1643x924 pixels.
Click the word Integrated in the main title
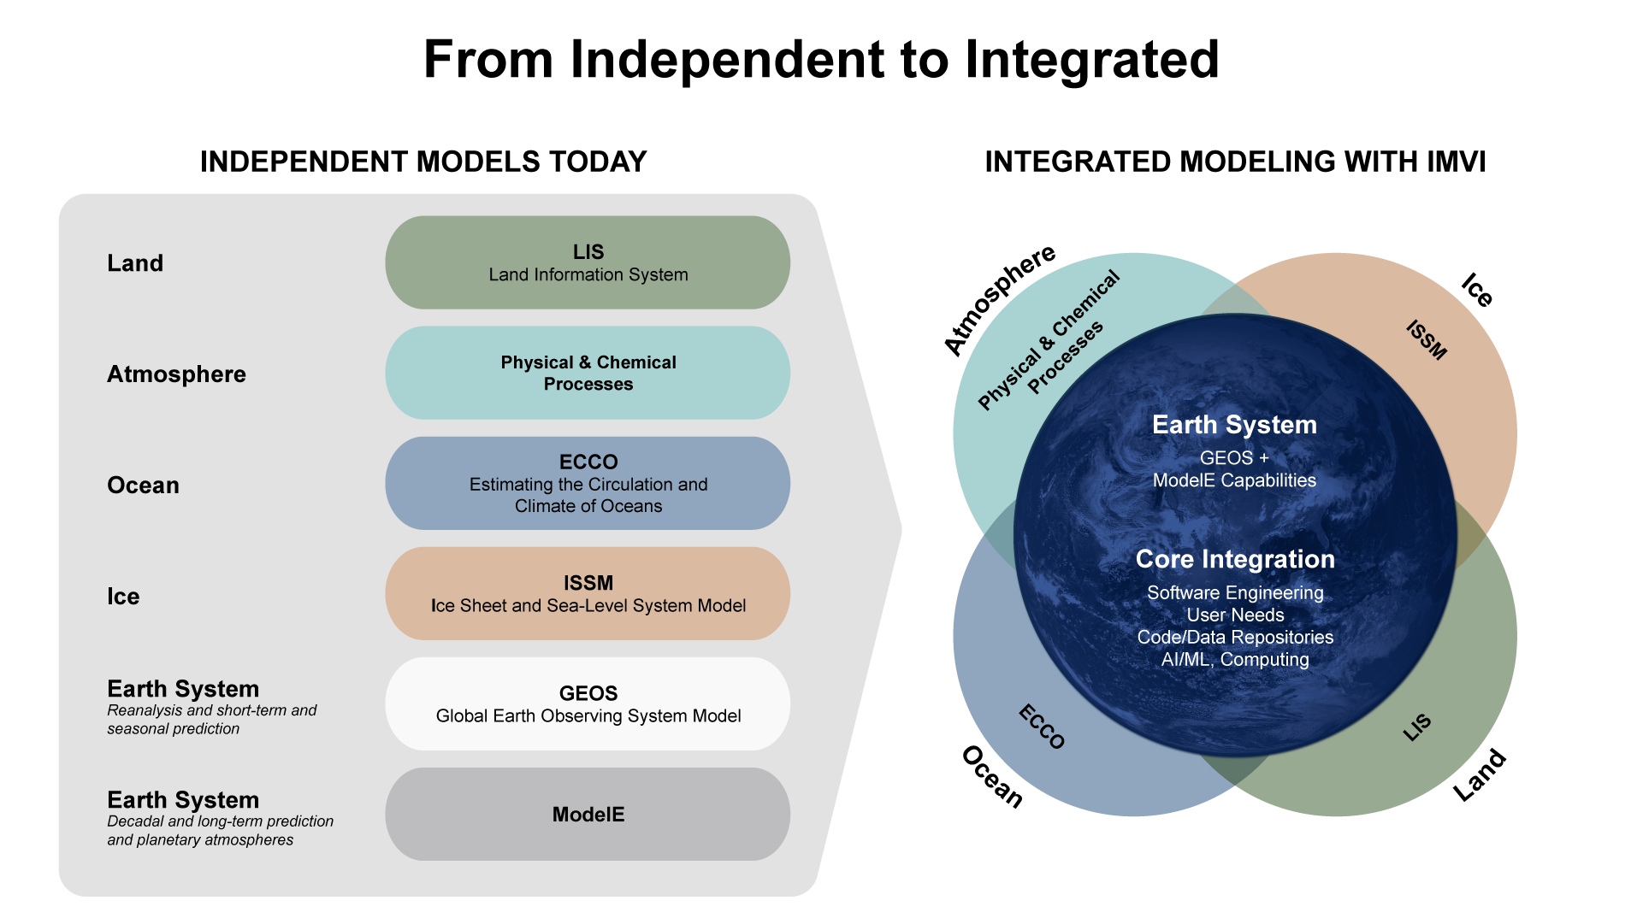coord(1091,60)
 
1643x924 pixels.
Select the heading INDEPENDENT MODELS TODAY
coord(423,162)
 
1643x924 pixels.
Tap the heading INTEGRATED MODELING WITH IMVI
coord(1235,162)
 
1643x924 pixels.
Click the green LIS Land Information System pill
coord(588,262)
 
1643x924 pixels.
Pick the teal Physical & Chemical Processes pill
coord(588,373)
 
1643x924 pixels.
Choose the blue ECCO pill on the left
coord(588,483)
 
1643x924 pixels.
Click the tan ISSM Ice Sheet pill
coord(588,594)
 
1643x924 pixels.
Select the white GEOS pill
coord(588,704)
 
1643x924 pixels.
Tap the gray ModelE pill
coord(588,815)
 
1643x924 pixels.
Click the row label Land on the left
coord(135,263)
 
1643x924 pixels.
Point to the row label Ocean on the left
coord(143,486)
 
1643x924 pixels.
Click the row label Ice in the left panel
coord(123,597)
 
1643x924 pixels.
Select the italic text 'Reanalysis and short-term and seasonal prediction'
coord(211,720)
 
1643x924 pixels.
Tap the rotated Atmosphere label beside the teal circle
coord(999,299)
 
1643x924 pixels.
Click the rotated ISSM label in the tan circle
coord(1427,340)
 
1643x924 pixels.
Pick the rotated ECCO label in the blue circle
coord(1042,727)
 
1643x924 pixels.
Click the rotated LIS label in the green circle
coord(1417,727)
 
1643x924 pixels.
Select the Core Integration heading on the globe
coord(1235,559)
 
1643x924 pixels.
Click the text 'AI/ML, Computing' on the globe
coord(1235,660)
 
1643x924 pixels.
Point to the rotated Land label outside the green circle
coord(1480,775)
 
